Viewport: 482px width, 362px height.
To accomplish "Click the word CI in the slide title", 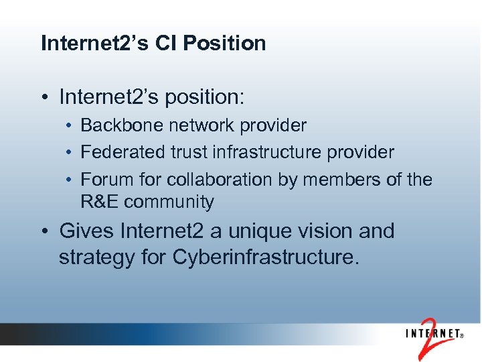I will (166, 44).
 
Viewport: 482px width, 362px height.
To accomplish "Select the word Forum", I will (100, 180).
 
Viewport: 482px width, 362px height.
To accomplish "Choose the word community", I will (169, 202).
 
